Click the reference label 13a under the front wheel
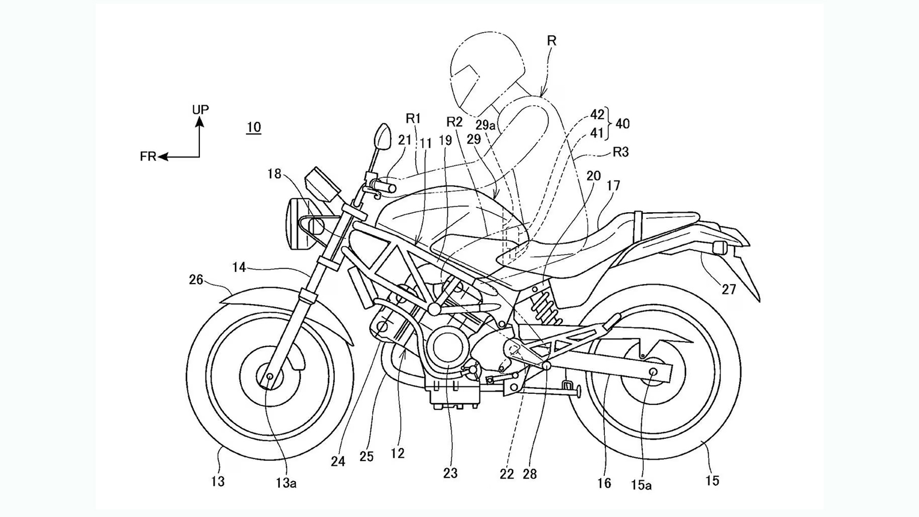click(285, 483)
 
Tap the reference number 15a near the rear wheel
click(641, 485)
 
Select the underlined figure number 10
click(254, 128)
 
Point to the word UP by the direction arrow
click(200, 109)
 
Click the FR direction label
click(148, 156)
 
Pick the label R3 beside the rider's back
click(621, 152)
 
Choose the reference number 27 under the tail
click(729, 290)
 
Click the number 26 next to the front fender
click(196, 279)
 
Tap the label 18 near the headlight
click(275, 173)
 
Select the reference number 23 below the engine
click(450, 473)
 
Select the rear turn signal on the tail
click(719, 248)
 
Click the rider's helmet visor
click(466, 78)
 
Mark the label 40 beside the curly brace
click(622, 124)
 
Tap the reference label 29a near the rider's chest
click(485, 124)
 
